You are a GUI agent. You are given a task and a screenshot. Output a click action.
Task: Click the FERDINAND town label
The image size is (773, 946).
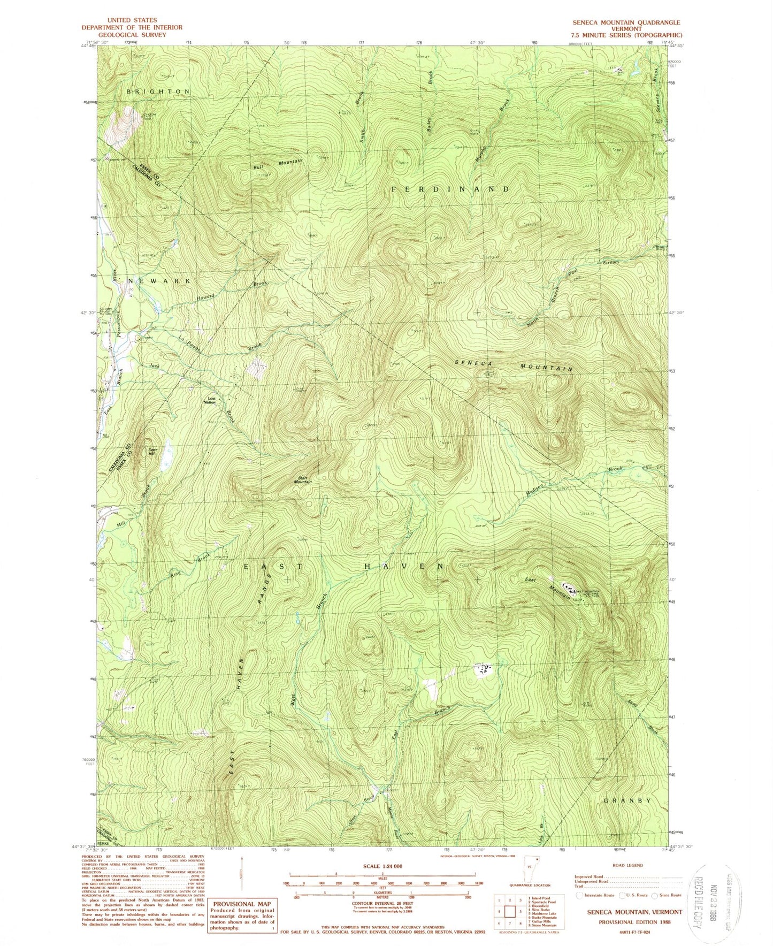(451, 189)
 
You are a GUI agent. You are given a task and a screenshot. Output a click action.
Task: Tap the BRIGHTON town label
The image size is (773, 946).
(158, 91)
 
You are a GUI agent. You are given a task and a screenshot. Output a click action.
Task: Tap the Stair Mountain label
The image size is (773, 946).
(302, 479)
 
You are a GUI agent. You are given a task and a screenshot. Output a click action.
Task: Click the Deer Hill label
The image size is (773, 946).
(151, 452)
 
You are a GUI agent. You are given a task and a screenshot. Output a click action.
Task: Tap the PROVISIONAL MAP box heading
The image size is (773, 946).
(242, 889)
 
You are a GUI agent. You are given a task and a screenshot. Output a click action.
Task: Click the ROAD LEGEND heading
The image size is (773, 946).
(628, 865)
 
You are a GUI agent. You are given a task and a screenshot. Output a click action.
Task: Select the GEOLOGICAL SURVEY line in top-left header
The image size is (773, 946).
(132, 35)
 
